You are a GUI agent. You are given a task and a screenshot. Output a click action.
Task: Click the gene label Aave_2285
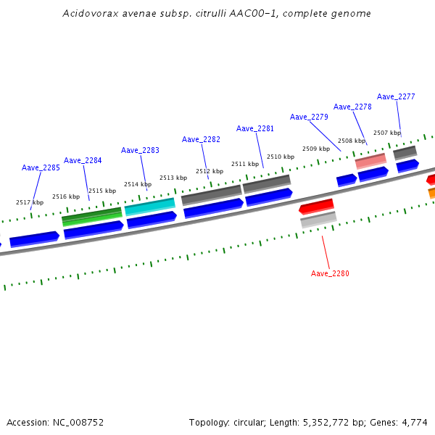(x=41, y=167)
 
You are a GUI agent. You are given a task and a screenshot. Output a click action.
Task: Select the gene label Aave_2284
(x=83, y=160)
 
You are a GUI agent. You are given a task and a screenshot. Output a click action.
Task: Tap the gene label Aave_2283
(x=140, y=150)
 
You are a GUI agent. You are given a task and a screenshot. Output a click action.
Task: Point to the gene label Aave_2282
(x=201, y=139)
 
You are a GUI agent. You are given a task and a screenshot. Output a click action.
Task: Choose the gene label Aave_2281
(x=255, y=128)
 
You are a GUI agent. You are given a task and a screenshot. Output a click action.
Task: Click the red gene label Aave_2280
(x=330, y=273)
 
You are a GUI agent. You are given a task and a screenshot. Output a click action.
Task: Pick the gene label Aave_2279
(x=309, y=117)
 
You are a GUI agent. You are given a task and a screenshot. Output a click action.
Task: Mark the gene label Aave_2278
(x=352, y=107)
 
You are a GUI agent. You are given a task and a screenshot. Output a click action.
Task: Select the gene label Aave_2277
(x=396, y=96)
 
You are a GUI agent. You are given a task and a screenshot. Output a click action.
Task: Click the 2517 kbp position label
(x=30, y=202)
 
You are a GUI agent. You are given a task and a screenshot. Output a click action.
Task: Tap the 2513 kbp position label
(x=173, y=178)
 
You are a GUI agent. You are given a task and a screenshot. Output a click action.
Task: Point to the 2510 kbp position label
(x=281, y=157)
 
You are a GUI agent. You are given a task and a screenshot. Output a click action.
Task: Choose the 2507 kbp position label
(x=387, y=133)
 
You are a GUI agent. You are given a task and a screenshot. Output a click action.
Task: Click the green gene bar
(x=92, y=216)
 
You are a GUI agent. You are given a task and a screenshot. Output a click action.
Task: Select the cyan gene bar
(x=150, y=207)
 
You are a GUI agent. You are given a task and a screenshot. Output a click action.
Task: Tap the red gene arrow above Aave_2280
(x=316, y=207)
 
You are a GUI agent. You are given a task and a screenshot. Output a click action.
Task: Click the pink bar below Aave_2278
(x=370, y=160)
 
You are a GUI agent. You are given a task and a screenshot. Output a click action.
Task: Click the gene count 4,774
(x=415, y=422)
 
